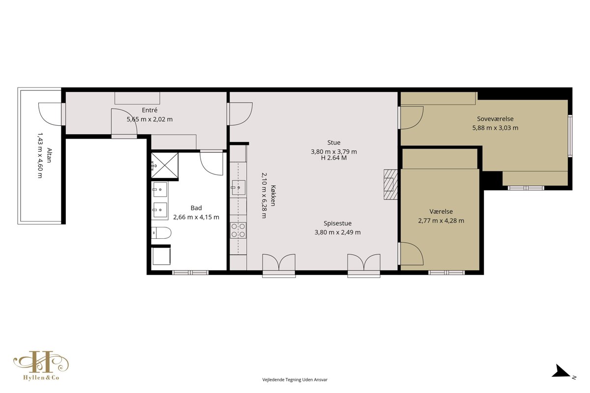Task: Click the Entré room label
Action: pos(149,110)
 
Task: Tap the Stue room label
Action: pos(334,142)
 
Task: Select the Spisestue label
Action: pos(337,224)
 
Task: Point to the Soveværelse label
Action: pos(495,119)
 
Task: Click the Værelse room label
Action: pos(441,211)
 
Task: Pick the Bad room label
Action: pos(196,208)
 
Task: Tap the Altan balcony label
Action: pos(49,156)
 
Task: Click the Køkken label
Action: pos(273,196)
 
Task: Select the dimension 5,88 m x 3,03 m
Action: pos(495,128)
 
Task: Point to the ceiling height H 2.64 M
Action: pos(334,158)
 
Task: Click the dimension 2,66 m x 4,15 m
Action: pos(196,217)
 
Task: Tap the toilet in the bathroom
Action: pos(161,233)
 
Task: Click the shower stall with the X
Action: pos(165,166)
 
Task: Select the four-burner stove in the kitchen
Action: pos(238,230)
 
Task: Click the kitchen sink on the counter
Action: pos(238,188)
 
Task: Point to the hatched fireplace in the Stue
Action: pos(390,185)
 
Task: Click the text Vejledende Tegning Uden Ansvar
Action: pos(295,380)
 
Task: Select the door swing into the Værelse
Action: pos(412,253)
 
